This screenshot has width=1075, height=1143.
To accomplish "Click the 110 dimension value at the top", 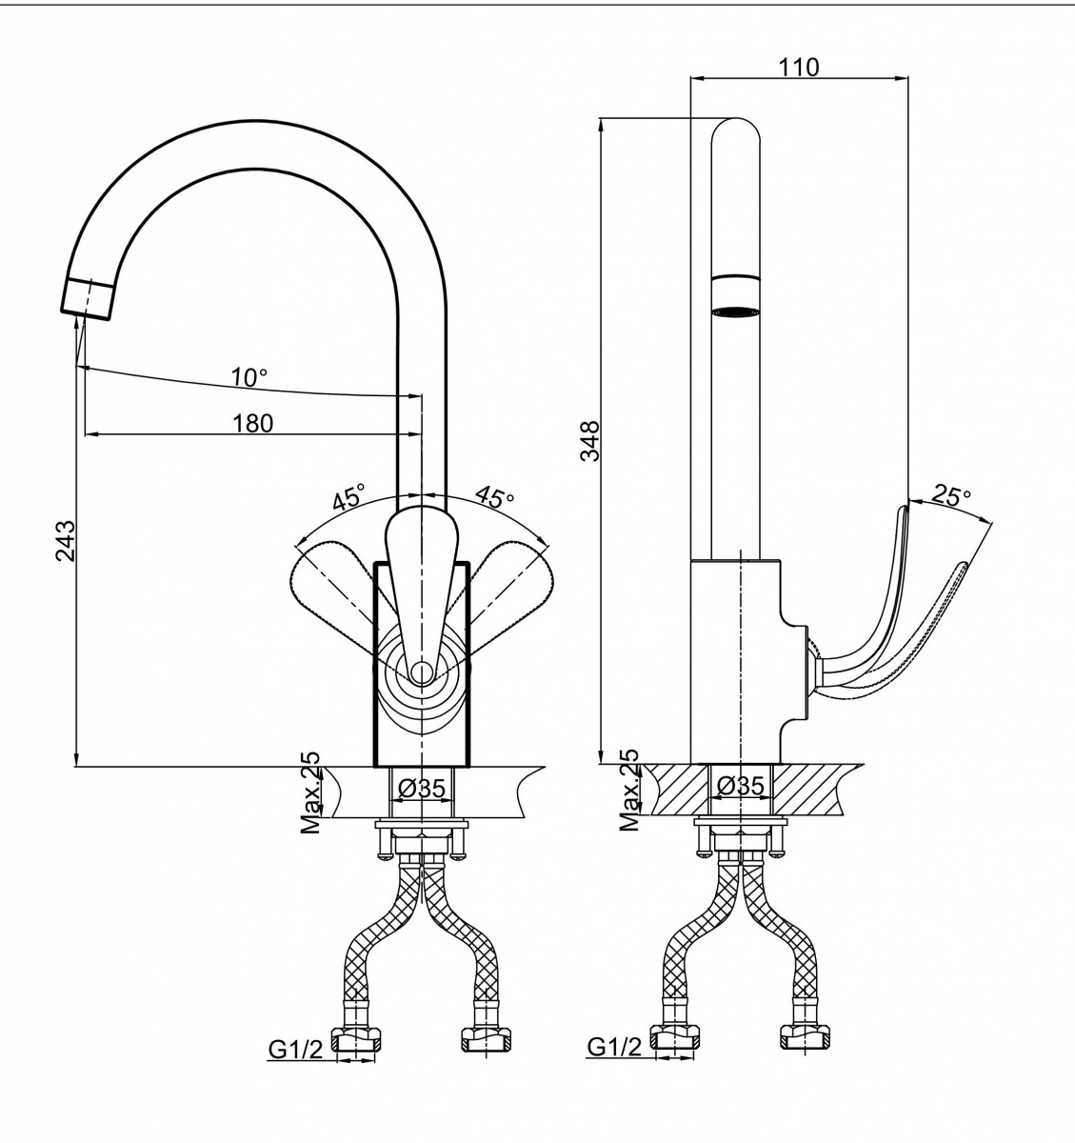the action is [x=799, y=67].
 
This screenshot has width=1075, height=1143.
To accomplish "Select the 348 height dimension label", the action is [x=590, y=441].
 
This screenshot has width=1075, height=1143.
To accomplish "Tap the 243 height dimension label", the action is [x=65, y=540].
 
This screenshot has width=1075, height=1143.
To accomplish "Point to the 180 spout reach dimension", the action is [x=252, y=424].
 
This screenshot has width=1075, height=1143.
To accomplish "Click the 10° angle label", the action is [x=249, y=377].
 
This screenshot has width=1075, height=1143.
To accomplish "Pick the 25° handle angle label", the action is [x=952, y=495].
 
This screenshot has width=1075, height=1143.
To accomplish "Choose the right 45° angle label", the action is [x=494, y=495].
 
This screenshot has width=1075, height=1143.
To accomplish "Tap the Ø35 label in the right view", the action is [x=743, y=785].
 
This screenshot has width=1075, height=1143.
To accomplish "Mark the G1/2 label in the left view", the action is [x=296, y=1050].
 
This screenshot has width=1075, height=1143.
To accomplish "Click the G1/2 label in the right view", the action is [x=615, y=1047].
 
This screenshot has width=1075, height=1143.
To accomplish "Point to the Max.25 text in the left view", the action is [x=310, y=792].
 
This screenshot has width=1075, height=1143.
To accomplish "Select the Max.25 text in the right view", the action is [x=629, y=790].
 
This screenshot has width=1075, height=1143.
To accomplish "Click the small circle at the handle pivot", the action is [x=421, y=672].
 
